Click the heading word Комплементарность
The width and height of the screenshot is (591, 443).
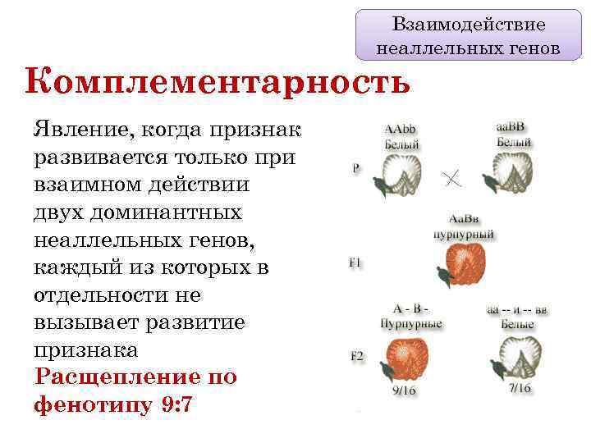coord(218,83)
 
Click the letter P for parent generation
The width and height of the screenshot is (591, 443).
coord(355,167)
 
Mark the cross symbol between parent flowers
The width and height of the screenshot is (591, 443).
coord(451,177)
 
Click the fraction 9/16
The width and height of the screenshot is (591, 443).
coord(404,390)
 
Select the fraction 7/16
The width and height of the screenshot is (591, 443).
coord(519,388)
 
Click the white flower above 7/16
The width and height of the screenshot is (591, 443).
coord(517,355)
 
